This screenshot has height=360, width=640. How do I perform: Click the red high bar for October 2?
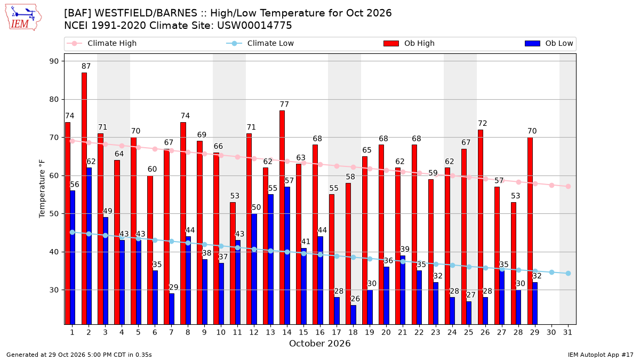[84, 198]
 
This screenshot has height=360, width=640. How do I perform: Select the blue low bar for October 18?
[354, 315]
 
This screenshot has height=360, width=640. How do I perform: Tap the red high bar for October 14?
[282, 218]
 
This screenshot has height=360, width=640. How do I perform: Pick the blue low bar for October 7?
[172, 309]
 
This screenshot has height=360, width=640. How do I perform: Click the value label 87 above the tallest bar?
[86, 66]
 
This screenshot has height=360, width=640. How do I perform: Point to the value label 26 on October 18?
[355, 299]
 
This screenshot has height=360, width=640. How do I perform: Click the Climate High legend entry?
[102, 43]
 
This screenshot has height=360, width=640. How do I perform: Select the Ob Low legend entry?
[549, 43]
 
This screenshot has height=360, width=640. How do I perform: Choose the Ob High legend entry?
[409, 43]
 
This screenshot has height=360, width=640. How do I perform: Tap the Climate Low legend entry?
[260, 43]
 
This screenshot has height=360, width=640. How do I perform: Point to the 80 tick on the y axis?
[54, 99]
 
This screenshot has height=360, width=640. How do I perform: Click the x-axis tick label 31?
[567, 332]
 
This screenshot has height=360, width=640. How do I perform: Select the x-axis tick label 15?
[303, 332]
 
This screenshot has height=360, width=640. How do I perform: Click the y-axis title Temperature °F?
[42, 189]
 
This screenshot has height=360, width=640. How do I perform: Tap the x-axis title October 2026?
[319, 343]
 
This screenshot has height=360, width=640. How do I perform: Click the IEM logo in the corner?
[23, 18]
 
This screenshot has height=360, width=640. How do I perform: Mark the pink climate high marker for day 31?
[569, 186]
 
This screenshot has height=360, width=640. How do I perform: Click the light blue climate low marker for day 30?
[551, 273]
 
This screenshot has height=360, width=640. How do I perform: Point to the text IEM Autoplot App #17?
[601, 355]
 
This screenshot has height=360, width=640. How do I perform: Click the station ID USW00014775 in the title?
[254, 26]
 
